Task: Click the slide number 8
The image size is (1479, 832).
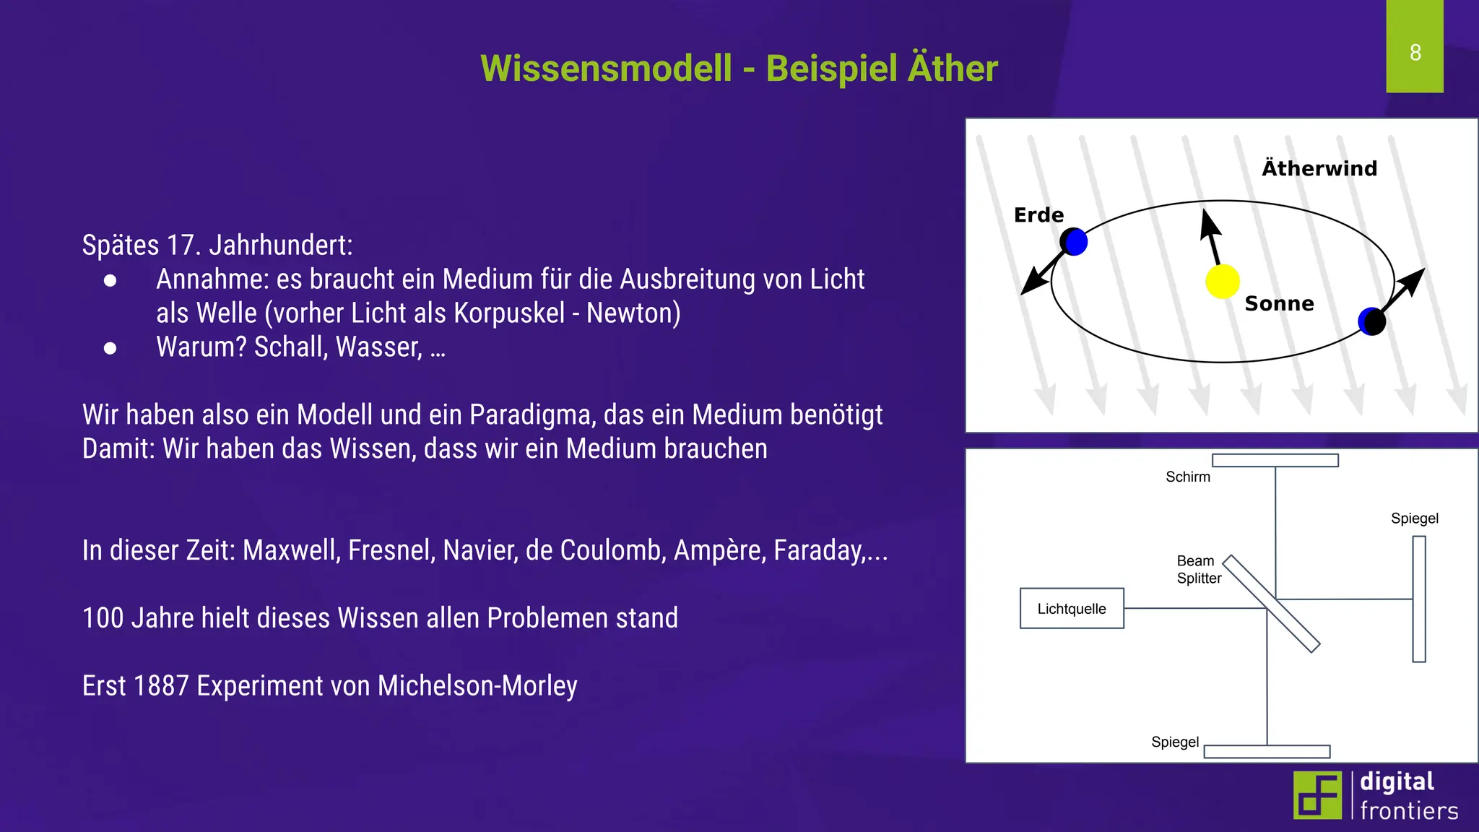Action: pos(1415,53)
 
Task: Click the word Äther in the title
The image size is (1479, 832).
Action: pos(953,69)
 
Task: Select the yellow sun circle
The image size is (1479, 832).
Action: pos(1222,282)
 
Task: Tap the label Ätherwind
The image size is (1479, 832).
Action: pos(1319,168)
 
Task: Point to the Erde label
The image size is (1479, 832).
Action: pos(1038,215)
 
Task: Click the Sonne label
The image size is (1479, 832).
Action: pos(1279,303)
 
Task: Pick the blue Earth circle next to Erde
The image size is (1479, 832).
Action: pos(1075,242)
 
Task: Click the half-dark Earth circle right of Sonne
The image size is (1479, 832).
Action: pos(1371,321)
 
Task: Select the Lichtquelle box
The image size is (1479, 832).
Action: pos(1072,609)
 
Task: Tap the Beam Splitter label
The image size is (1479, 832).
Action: pos(1199,569)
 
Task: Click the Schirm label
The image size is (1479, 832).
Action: pos(1187,477)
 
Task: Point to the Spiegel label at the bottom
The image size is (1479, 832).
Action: pos(1175,742)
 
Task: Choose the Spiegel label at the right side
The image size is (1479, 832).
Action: pos(1414,519)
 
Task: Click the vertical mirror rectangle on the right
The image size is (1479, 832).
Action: pos(1419,599)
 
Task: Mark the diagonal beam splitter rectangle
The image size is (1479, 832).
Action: pos(1271,604)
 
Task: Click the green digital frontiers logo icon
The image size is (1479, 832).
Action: pos(1317,795)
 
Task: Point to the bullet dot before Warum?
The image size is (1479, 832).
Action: pos(110,348)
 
